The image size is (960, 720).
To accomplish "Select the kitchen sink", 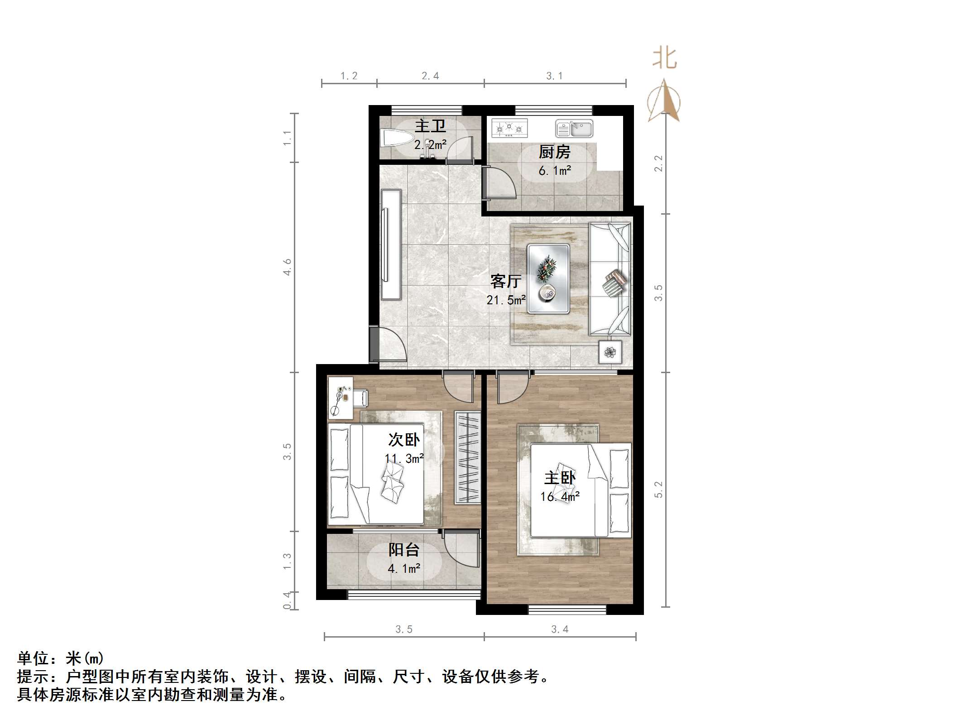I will point(574,129).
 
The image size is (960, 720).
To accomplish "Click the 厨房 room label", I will point(554,152).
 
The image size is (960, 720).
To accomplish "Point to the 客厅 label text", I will point(506,282).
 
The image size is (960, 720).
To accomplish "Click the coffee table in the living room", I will point(548,278).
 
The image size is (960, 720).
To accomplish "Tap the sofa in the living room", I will point(610,278).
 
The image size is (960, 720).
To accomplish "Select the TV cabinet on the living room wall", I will point(391,245).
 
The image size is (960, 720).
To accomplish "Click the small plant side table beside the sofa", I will point(610,352).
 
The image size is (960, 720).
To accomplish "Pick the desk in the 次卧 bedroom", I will point(340,398).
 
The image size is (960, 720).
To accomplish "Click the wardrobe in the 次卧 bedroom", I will point(467,457).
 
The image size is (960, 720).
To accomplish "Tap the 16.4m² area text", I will point(560,497).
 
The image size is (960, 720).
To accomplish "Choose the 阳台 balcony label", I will point(404,550).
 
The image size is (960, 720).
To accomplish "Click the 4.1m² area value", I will point(404,568).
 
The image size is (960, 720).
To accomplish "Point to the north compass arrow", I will point(664,101).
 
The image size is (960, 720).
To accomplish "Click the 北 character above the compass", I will point(665,59).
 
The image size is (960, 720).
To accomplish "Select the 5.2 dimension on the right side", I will point(658,490).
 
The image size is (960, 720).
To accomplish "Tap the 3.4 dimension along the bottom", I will point(560,629).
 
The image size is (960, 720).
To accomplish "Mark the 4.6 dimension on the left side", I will point(287,267).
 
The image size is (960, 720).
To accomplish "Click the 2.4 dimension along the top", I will point(430,76).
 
